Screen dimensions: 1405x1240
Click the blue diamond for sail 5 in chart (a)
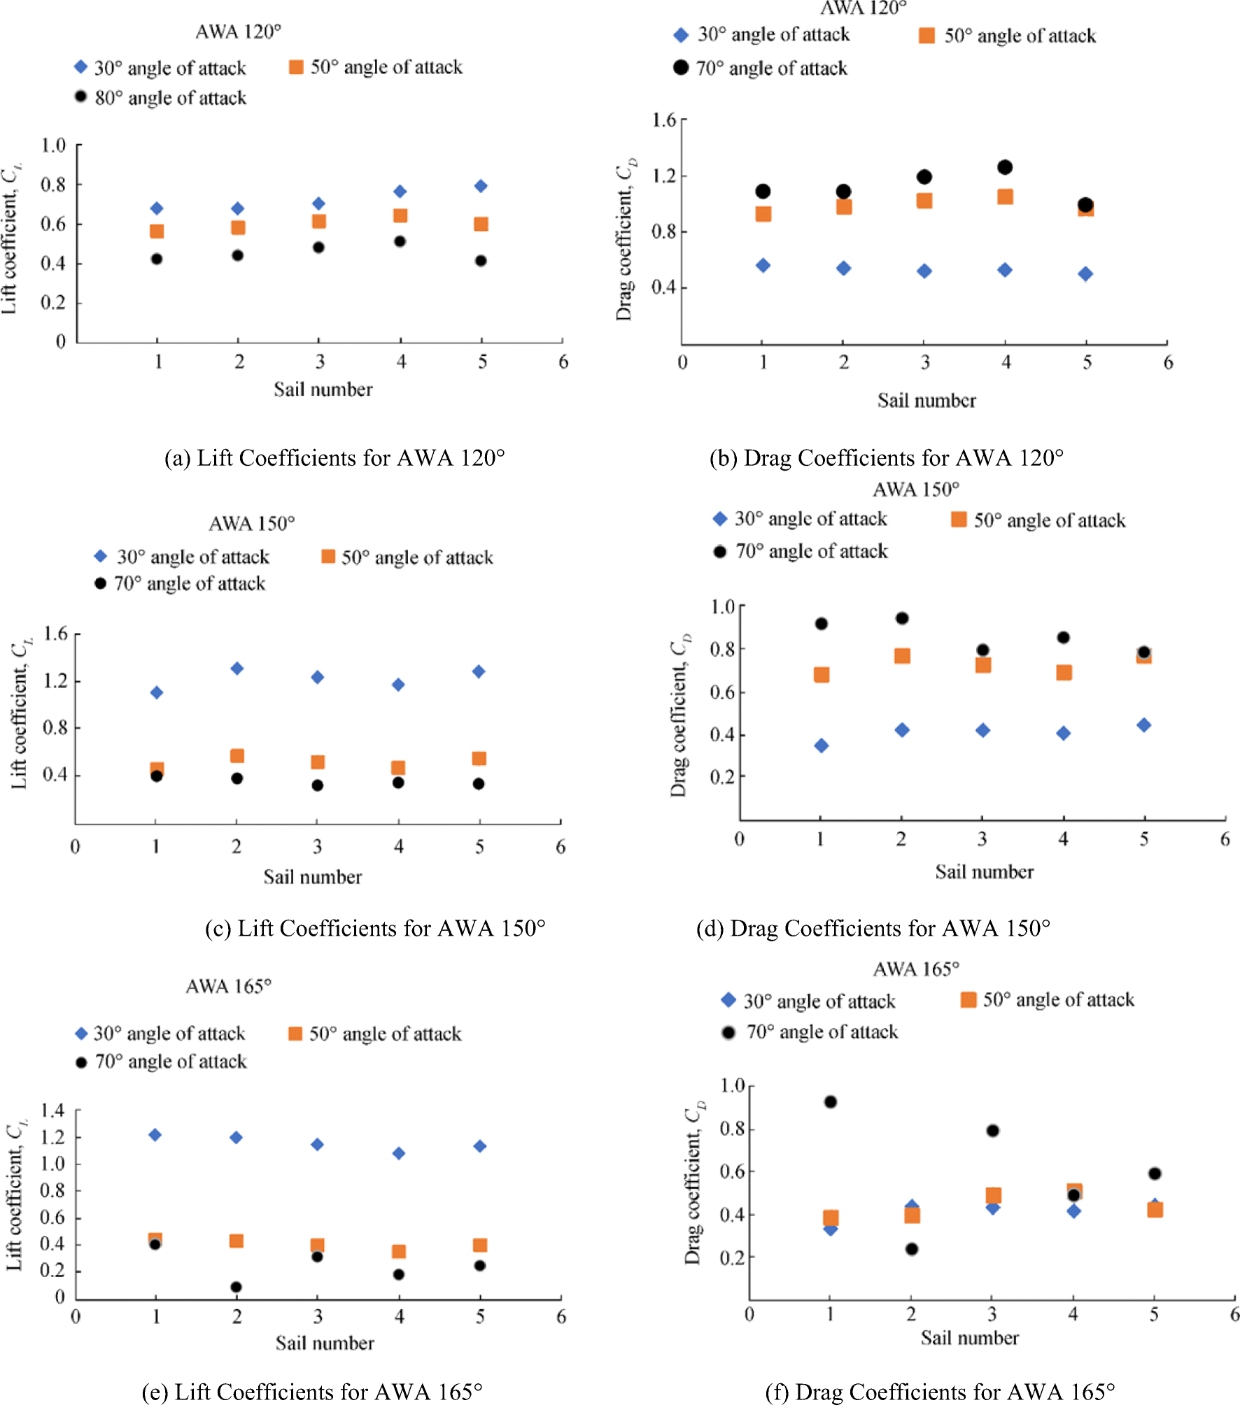pos(481,186)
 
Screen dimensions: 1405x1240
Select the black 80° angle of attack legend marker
pos(81,97)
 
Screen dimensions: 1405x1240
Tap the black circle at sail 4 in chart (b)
pos(1005,167)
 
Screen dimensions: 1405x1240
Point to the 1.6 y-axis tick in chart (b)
pos(664,120)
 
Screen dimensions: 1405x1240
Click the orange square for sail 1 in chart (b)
pos(763,214)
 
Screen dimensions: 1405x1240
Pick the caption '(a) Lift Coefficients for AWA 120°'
pos(334,458)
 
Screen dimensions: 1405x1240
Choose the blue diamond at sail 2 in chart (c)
pos(237,669)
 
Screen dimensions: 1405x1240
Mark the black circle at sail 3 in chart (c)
pos(317,785)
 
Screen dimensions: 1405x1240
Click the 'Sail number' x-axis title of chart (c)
pos(313,877)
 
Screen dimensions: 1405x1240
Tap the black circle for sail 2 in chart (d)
pos(902,618)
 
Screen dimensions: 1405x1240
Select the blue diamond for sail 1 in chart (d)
pos(822,746)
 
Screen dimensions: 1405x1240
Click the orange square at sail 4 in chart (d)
pos(1064,673)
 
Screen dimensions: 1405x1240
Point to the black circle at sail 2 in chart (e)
pos(237,1287)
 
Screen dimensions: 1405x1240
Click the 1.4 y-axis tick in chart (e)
pos(52,1111)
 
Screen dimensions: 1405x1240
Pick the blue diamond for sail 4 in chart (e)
pos(399,1153)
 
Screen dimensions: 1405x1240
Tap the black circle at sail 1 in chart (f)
pos(831,1102)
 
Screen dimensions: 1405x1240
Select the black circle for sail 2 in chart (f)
pos(911,1249)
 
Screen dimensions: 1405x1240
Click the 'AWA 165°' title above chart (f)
pos(916,969)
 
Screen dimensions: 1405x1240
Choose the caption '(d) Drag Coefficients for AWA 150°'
pos(873,929)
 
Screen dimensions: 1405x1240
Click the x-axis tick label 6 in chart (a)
pos(563,362)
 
